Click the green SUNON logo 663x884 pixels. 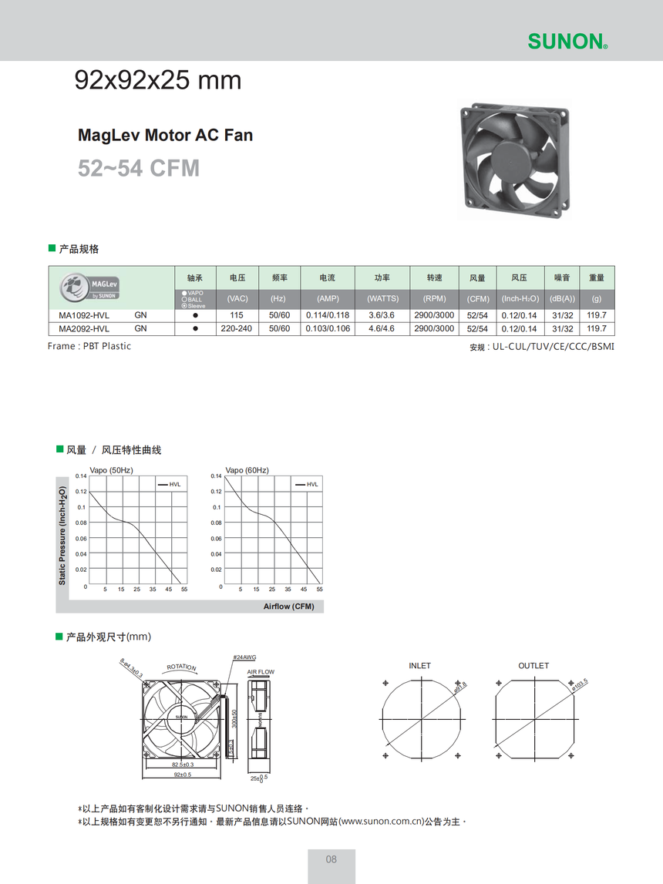click(x=567, y=42)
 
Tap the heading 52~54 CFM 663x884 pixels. click(x=139, y=168)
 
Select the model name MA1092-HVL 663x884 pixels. click(x=84, y=315)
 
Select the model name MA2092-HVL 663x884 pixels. click(x=84, y=328)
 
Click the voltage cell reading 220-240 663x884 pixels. click(x=237, y=328)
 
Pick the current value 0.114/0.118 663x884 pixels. click(x=328, y=315)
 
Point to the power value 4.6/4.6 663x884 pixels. click(x=382, y=328)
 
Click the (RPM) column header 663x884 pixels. click(x=434, y=298)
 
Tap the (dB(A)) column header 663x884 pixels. click(x=562, y=298)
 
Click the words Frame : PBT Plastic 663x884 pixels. click(x=89, y=346)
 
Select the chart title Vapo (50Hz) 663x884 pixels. click(x=112, y=470)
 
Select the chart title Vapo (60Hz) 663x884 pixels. click(x=247, y=470)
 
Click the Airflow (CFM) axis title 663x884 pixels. click(x=289, y=607)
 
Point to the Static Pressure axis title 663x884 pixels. click(x=62, y=535)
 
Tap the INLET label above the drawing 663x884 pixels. click(x=420, y=665)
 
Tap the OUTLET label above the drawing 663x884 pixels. click(x=533, y=665)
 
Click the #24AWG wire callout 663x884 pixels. click(x=244, y=657)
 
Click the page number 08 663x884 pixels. click(x=331, y=859)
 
